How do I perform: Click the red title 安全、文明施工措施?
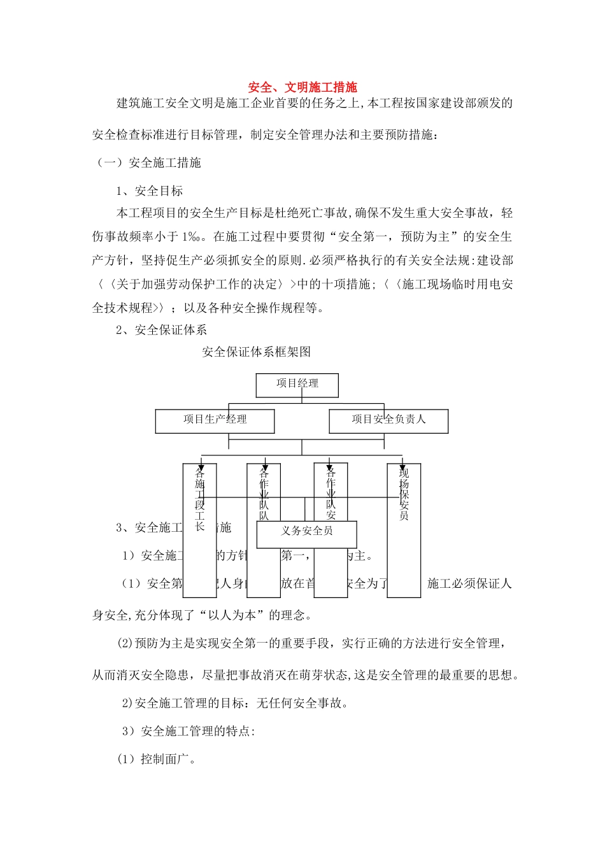302,87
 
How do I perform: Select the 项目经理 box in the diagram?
297,384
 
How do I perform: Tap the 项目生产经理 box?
215,420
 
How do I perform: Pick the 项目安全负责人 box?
388,420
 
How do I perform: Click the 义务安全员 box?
306,532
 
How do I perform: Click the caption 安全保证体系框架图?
256,352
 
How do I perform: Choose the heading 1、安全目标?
150,191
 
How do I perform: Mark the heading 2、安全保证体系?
161,330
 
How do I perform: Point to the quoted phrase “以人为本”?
233,615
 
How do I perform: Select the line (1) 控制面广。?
156,759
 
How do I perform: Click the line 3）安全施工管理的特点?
189,731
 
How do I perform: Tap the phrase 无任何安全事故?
299,703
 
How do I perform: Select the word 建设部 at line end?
495,260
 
